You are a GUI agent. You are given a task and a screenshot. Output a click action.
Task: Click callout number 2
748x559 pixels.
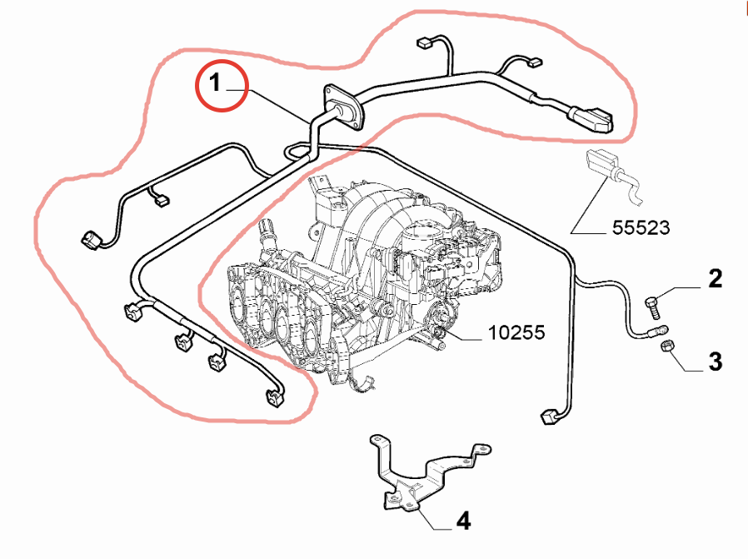click(x=715, y=279)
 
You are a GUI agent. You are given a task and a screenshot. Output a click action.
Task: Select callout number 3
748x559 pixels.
click(x=715, y=362)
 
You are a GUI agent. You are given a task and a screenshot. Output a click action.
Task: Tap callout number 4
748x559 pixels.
click(x=463, y=522)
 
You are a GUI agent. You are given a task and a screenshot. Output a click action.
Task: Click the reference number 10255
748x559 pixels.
click(x=516, y=333)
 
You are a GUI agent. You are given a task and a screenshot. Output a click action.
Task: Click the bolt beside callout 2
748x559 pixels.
click(x=653, y=305)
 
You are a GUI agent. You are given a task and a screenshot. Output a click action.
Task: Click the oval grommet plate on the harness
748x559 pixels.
click(x=345, y=107)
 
